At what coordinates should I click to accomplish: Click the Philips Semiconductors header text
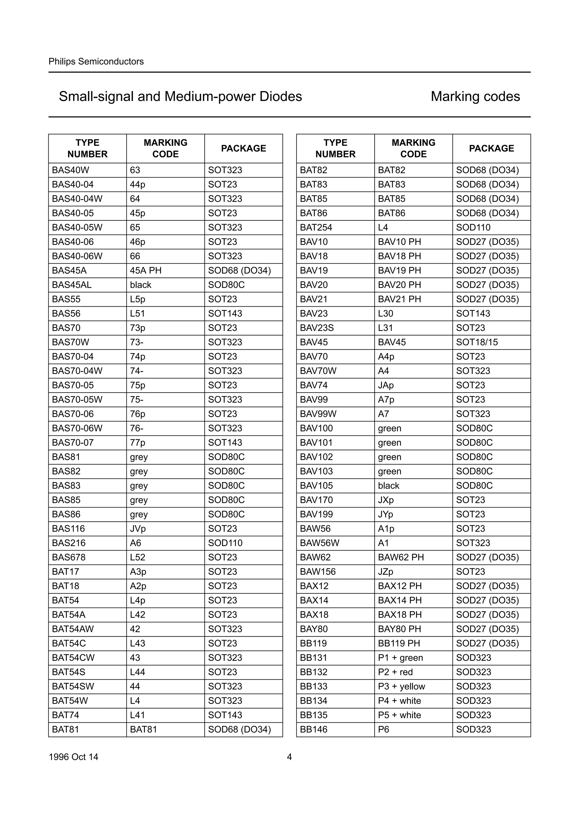[x=96, y=61]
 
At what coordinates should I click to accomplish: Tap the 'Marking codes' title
[x=475, y=96]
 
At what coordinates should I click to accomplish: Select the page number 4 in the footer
[x=289, y=757]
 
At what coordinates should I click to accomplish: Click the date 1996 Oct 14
[x=74, y=757]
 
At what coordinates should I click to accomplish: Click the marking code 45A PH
[x=146, y=270]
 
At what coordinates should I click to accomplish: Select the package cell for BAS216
[x=225, y=543]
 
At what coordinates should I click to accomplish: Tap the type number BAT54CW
[x=73, y=657]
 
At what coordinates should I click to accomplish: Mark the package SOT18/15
[x=477, y=342]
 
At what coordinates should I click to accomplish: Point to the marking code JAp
[x=386, y=385]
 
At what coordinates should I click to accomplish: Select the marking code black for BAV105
[x=388, y=486]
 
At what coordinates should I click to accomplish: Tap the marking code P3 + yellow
[x=401, y=686]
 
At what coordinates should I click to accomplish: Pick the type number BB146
[x=314, y=729]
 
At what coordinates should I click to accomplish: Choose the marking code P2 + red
[x=395, y=672]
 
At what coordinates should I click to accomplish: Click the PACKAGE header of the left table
[x=244, y=148]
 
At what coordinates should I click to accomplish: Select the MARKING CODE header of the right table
[x=413, y=148]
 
